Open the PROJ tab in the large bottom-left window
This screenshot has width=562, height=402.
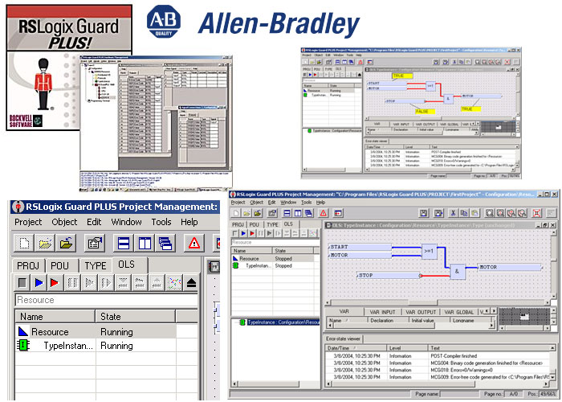click(35, 265)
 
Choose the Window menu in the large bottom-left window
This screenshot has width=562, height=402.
click(126, 222)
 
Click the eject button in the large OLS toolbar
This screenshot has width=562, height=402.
click(192, 283)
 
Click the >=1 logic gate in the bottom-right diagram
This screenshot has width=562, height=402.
click(430, 252)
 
